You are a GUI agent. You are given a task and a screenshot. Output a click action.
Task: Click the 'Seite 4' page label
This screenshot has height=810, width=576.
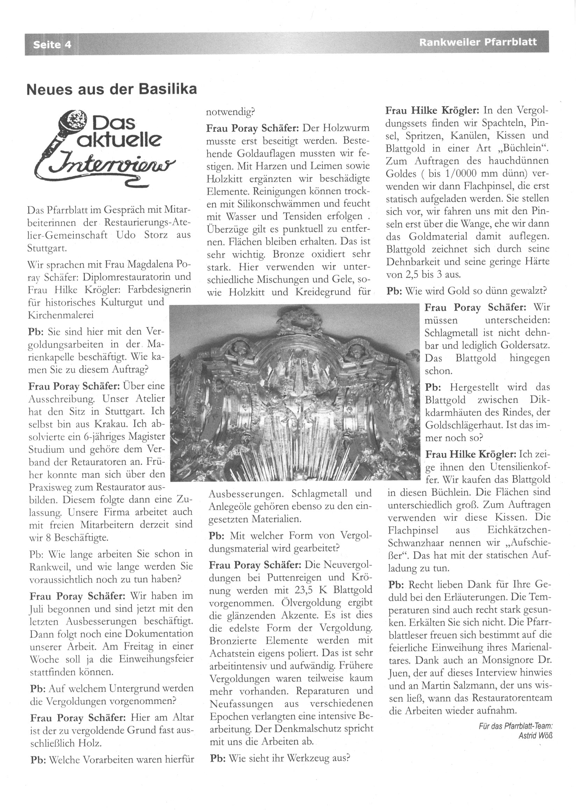point(52,45)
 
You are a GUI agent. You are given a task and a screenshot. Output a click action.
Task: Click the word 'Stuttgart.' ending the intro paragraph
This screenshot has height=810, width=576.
point(47,249)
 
